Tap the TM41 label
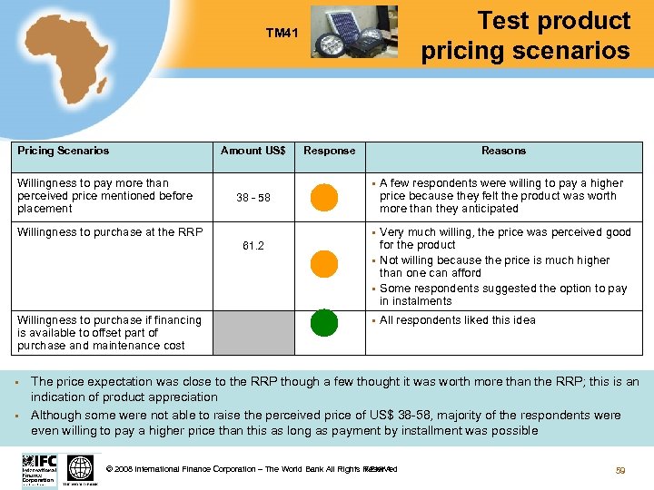point(282,34)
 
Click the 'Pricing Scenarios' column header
point(63,151)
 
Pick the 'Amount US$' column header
point(253,151)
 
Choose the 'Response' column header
point(329,151)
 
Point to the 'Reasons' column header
point(503,151)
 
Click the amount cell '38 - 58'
point(253,197)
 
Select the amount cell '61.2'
point(253,246)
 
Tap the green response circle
point(324,322)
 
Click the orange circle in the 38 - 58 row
point(324,197)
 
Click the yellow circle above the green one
point(324,263)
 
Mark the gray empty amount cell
point(253,332)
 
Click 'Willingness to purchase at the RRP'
point(109,232)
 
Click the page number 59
point(621,470)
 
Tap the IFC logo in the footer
point(39,470)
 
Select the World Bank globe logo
point(81,469)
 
